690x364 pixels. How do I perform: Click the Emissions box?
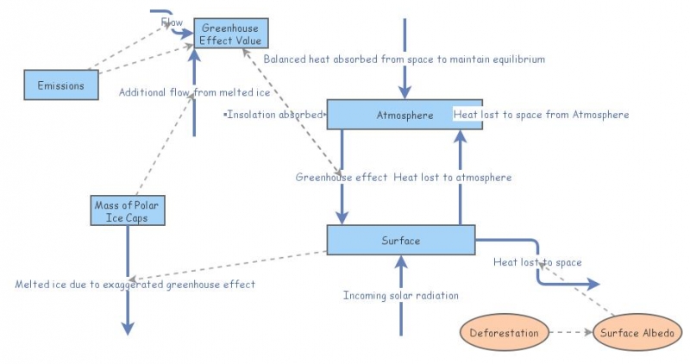(x=60, y=85)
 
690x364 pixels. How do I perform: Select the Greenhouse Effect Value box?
(x=230, y=34)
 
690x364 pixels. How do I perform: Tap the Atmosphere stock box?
(x=405, y=115)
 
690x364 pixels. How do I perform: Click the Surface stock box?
(x=400, y=241)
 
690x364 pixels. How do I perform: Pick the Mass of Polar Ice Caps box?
(x=127, y=210)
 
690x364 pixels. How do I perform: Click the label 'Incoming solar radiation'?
(x=400, y=296)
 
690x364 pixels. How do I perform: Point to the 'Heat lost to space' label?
(x=537, y=262)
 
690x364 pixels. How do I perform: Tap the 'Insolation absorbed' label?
(x=274, y=114)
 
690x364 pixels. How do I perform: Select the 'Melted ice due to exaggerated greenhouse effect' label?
(x=135, y=284)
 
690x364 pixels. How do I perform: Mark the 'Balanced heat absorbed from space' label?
(x=404, y=60)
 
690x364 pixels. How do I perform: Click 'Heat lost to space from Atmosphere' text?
(x=541, y=114)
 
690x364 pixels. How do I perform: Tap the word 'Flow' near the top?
(x=172, y=22)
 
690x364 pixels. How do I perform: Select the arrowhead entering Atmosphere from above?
(x=402, y=92)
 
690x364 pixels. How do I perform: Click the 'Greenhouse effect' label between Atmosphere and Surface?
(x=342, y=178)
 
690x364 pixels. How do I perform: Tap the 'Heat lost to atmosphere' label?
(x=453, y=178)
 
